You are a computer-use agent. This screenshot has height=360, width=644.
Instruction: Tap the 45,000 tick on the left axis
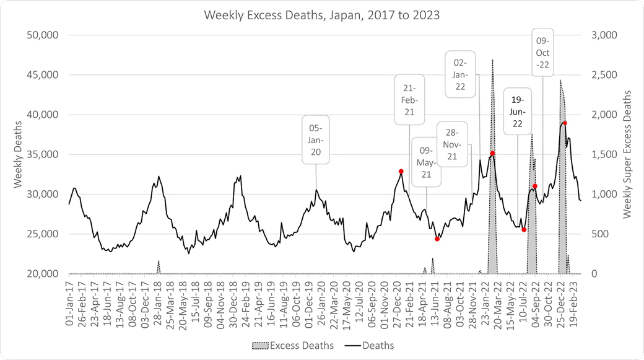pyautogui.click(x=40, y=75)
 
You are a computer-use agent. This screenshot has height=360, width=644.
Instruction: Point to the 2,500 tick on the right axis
pyautogui.click(x=604, y=75)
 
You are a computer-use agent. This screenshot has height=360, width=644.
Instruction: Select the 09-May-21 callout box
pyautogui.click(x=426, y=162)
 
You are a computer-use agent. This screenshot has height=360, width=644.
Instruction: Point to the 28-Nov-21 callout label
pyautogui.click(x=451, y=144)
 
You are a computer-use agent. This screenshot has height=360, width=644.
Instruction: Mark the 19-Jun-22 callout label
pyautogui.click(x=518, y=112)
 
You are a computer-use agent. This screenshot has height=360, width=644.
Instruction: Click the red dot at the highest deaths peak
pyautogui.click(x=565, y=123)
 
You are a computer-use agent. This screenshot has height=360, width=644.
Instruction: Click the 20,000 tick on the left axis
pyautogui.click(x=40, y=274)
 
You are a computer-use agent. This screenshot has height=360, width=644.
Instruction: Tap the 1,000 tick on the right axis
pyautogui.click(x=604, y=195)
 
